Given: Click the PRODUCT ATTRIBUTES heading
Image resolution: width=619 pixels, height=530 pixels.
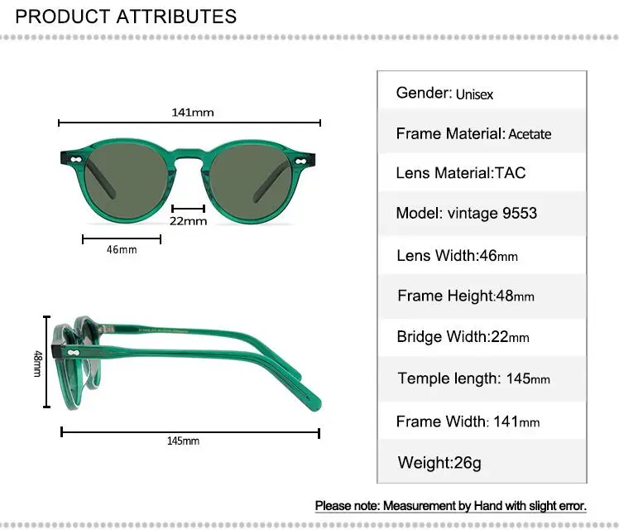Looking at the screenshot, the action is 126,16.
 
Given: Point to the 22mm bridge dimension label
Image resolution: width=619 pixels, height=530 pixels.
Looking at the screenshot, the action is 189,221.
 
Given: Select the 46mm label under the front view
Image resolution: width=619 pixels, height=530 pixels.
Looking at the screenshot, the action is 122,250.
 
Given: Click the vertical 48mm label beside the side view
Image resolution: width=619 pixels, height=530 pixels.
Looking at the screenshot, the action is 37,364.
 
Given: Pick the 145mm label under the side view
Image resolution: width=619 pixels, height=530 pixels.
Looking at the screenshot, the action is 183,441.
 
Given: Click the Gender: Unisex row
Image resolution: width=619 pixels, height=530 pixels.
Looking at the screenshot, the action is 444,94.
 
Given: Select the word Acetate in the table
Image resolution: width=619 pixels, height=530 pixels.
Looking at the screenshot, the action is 530,134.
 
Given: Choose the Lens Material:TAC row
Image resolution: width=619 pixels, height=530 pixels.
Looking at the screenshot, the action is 460,173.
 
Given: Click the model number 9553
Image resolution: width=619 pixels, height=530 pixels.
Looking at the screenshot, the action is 520,214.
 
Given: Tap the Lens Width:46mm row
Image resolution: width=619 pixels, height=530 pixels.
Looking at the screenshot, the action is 457,256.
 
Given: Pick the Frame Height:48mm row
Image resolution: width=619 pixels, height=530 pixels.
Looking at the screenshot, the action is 465,296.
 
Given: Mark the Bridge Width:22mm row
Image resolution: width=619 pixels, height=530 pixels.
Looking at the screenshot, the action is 463,337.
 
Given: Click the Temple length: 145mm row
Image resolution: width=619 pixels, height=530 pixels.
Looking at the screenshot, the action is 473,378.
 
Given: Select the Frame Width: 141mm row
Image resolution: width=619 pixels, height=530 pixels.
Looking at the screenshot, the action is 468,422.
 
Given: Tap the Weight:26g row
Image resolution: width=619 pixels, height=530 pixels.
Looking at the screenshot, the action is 439,462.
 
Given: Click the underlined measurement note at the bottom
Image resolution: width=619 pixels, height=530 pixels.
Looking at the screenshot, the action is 451,505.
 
